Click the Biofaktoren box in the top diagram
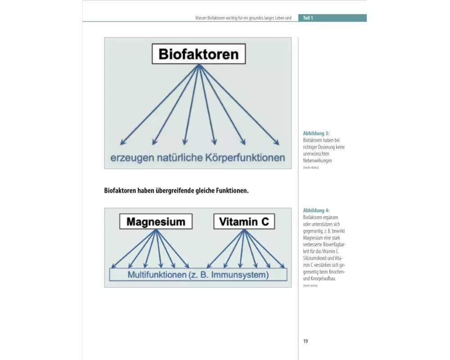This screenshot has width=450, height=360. coord(198,54)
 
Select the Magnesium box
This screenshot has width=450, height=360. coord(156,221)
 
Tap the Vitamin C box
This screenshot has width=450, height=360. coord(244,221)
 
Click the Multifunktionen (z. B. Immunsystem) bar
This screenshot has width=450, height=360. coord(198,274)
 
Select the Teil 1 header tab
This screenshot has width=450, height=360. coord(308,18)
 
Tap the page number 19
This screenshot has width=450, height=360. coord(306,341)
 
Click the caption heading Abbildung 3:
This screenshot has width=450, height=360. coord(316,134)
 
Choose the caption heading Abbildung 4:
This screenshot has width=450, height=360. coord(316,211)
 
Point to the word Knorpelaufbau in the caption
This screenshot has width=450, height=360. coord(322,279)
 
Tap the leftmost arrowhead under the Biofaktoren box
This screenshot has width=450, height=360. coord(122,143)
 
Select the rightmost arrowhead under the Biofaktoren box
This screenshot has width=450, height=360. coord(277,143)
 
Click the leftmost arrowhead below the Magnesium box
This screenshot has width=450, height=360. coord(114,266)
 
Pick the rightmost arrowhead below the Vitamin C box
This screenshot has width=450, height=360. coord(283,266)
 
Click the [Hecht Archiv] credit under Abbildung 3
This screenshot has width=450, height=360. coord(311,168)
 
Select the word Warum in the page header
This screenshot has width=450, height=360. coord(201,18)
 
